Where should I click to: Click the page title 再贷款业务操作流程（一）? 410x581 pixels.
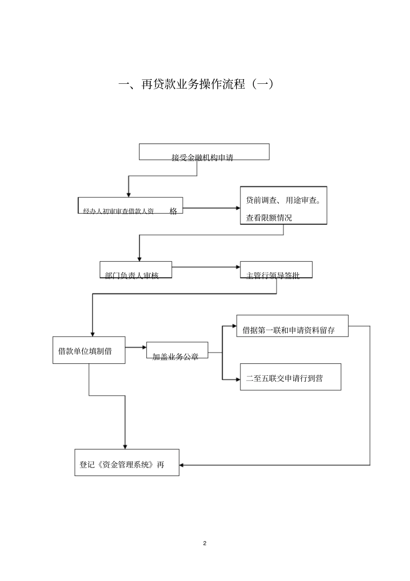[196, 84]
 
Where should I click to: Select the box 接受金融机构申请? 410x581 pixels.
[204, 152]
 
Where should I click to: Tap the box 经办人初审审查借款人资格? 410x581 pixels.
[130, 206]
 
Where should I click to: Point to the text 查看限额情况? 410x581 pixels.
[269, 218]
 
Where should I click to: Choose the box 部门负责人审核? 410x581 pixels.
[136, 270]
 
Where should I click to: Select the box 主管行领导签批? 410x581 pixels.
[276, 270]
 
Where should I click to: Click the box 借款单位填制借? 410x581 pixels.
[89, 350]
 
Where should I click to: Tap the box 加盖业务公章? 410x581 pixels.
[177, 350]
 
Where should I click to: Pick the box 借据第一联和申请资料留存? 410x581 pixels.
[292, 326]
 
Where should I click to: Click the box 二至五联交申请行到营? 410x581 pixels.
[290, 377]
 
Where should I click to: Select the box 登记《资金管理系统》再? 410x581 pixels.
[126, 463]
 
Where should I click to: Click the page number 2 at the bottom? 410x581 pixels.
[205, 543]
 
